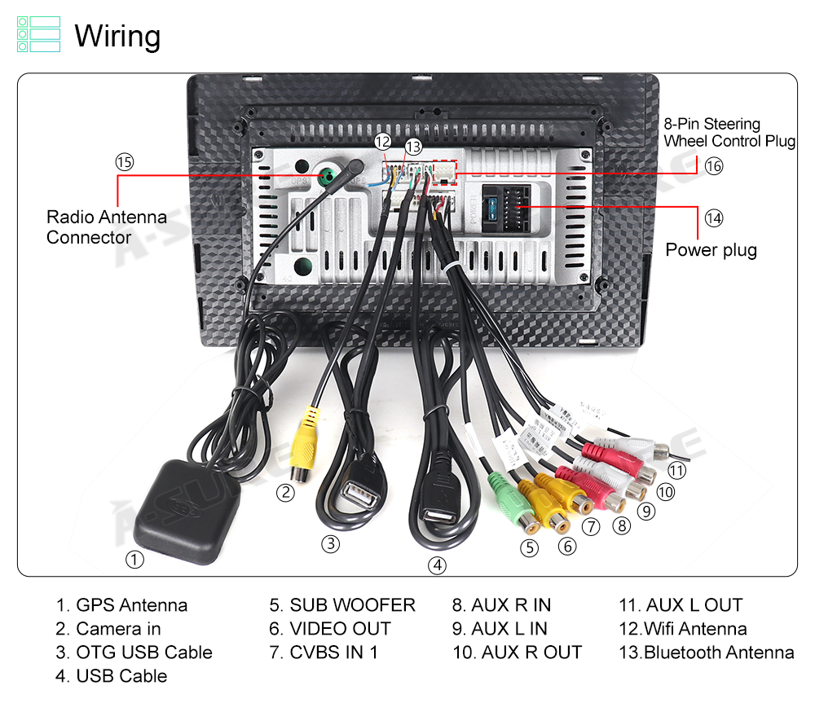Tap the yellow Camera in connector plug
coord(305,444)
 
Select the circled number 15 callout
coord(124,162)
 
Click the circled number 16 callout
coord(714,166)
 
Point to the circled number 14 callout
coord(714,218)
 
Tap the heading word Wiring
coord(117,36)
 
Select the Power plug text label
coord(711,250)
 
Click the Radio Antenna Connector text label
coord(106,227)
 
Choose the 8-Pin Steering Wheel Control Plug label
coord(729,132)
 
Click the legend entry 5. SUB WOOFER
coord(342,605)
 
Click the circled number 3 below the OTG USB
coord(330,544)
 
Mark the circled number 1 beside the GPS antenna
coord(134,560)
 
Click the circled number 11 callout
coord(676,470)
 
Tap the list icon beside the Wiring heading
coord(38,34)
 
